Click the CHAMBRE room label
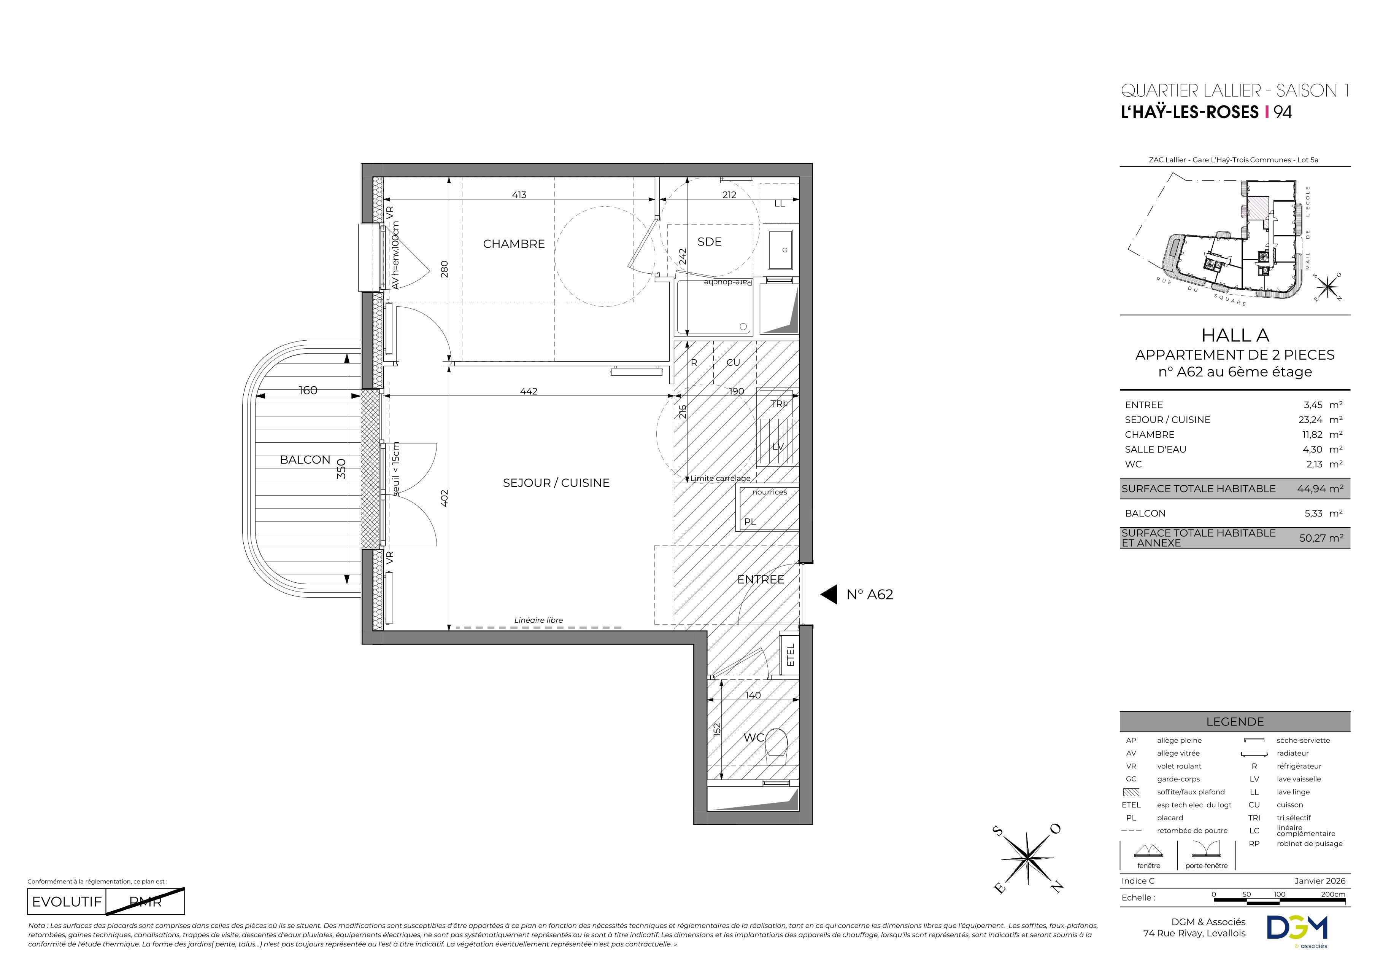514,244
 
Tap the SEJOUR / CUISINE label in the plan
556,483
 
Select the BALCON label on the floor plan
305,460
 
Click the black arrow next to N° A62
829,595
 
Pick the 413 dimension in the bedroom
519,195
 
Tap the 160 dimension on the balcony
308,391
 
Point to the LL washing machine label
780,204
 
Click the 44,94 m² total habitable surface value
1320,489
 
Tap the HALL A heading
1235,335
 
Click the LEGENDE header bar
1235,722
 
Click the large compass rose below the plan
1027,858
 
